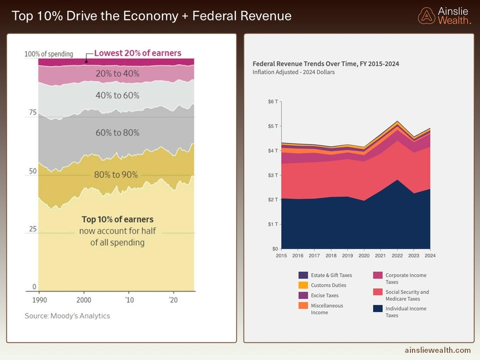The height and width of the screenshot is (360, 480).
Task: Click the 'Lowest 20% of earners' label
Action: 137,53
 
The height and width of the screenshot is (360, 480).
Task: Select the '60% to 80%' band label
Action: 117,132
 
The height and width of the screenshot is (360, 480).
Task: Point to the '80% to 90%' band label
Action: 116,175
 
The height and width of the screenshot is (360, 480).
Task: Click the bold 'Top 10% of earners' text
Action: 117,220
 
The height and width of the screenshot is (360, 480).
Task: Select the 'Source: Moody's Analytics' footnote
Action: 67,316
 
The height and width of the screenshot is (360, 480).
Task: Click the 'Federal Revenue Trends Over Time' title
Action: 325,64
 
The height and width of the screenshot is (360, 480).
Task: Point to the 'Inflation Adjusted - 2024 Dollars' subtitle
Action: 294,72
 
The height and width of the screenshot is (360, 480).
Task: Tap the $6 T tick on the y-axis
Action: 272,102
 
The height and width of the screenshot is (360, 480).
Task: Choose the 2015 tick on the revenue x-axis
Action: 281,256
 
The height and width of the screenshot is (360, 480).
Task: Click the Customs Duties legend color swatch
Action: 303,285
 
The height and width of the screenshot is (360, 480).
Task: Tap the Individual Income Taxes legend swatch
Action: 378,309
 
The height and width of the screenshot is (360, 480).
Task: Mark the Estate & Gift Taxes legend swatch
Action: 303,275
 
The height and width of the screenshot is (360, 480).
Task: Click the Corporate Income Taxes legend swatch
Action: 378,276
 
